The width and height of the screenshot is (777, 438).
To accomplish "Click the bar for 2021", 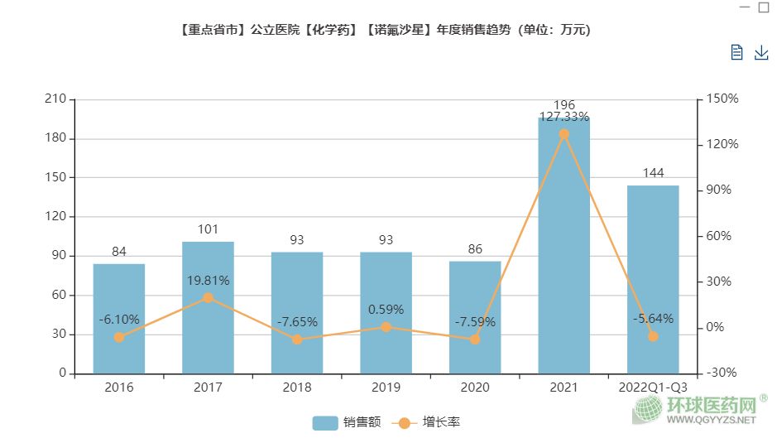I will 564,248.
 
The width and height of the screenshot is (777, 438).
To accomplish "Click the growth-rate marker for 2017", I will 208,298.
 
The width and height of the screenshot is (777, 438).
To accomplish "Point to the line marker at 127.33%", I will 564,134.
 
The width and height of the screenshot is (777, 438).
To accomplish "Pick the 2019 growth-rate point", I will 386,327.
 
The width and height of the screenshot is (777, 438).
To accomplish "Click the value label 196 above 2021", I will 564,105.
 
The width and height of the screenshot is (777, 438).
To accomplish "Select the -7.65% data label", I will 297,322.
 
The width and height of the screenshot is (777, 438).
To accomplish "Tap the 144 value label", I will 653,173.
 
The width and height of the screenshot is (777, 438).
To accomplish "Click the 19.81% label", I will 208,281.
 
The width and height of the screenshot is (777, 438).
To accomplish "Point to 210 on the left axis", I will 56,99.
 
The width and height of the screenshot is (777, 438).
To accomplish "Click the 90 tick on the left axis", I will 60,256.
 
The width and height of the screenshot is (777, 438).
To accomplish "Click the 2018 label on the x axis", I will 297,387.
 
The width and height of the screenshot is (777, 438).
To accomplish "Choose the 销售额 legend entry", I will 347,422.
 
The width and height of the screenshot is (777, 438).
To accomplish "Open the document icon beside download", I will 737,53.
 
